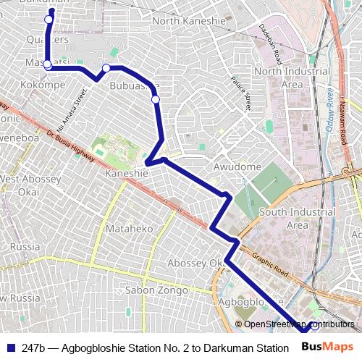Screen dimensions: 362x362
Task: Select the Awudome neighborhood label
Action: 237,167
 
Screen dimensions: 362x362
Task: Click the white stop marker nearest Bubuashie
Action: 156,100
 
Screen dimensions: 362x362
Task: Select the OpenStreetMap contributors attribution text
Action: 299,324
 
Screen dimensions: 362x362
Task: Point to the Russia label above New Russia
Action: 25,246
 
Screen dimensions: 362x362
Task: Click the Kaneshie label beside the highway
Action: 127,174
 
